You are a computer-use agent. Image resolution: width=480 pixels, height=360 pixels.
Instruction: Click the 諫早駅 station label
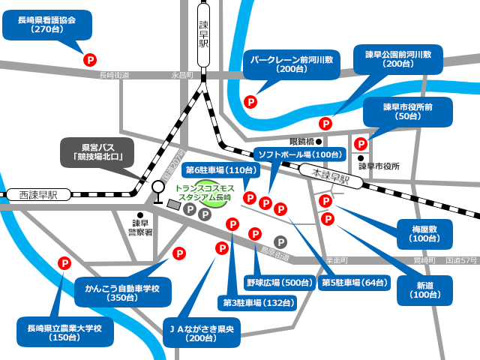[202, 34]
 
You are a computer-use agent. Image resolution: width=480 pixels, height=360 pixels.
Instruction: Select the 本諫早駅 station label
[330, 178]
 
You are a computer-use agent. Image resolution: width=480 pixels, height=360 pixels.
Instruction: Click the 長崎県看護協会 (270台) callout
[46, 25]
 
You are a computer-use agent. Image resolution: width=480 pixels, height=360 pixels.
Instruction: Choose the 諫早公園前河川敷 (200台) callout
[397, 59]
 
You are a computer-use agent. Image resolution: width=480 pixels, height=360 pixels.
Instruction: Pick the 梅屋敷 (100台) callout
[424, 233]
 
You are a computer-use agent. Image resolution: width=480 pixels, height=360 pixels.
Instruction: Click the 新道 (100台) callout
[425, 289]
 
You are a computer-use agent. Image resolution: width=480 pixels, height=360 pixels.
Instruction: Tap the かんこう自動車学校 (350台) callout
[122, 292]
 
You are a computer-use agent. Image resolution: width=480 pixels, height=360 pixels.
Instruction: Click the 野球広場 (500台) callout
[278, 283]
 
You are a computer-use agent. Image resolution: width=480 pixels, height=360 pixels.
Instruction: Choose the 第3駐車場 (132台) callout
[256, 303]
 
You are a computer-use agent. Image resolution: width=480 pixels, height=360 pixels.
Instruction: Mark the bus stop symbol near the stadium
[157, 190]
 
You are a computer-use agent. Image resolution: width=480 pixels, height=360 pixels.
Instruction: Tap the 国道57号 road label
[461, 259]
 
